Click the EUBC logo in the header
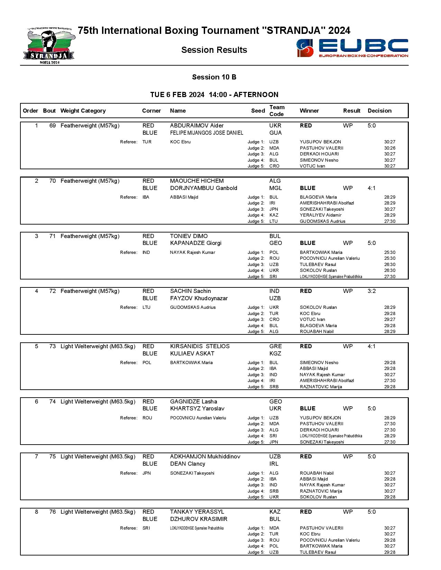(x=352, y=48)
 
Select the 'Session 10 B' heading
(x=214, y=77)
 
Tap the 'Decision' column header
(x=379, y=111)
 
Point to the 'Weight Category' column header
(x=83, y=111)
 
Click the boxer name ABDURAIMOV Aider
(x=196, y=126)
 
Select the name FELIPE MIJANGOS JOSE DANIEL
(x=206, y=133)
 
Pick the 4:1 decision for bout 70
(x=371, y=188)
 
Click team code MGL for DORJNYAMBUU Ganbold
(x=275, y=188)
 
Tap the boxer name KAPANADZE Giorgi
(x=195, y=243)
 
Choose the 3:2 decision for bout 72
(x=371, y=291)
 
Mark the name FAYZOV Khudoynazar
(x=199, y=298)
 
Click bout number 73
(x=53, y=346)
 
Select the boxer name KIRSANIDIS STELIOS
(x=200, y=346)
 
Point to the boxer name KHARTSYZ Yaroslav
(x=197, y=409)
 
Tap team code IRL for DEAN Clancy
(x=274, y=464)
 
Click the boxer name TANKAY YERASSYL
(x=197, y=512)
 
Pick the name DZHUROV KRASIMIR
(x=199, y=519)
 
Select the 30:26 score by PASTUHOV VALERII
(x=389, y=148)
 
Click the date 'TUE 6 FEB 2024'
(x=177, y=95)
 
